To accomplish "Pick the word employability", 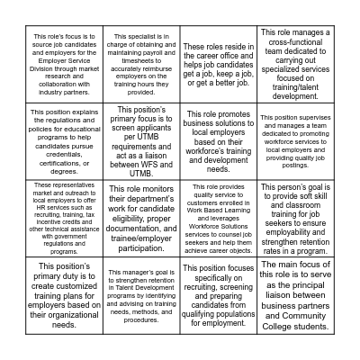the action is [x=296, y=231].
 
